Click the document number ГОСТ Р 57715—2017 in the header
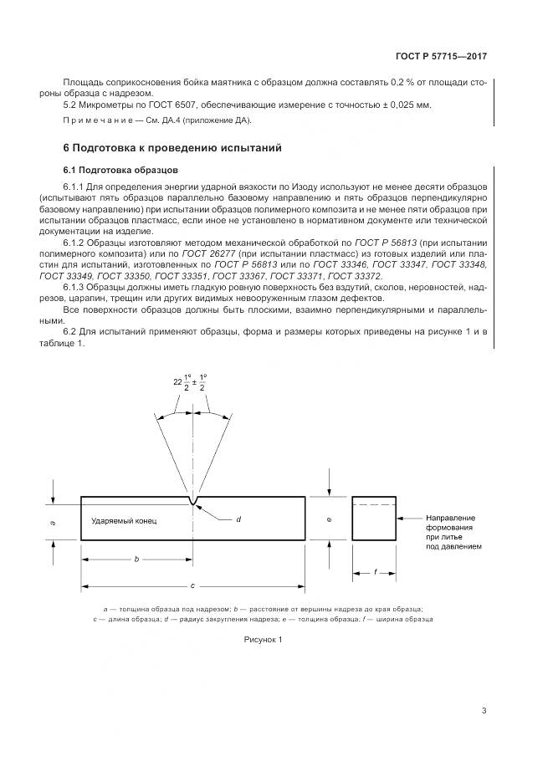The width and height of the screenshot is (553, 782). pyautogui.click(x=441, y=57)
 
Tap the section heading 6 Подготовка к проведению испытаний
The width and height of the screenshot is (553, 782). pyautogui.click(x=172, y=148)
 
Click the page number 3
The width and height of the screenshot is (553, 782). pyautogui.click(x=484, y=711)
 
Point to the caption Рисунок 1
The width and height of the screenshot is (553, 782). pyautogui.click(x=264, y=640)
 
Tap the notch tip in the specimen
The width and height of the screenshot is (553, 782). pyautogui.click(x=194, y=503)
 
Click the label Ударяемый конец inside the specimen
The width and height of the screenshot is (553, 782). pyautogui.click(x=124, y=520)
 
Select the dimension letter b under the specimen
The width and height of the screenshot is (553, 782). pyautogui.click(x=137, y=560)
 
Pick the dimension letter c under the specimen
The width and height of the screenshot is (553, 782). pyautogui.click(x=193, y=585)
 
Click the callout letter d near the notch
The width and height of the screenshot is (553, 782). pyautogui.click(x=238, y=520)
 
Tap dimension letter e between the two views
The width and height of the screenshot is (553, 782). pyautogui.click(x=330, y=519)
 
